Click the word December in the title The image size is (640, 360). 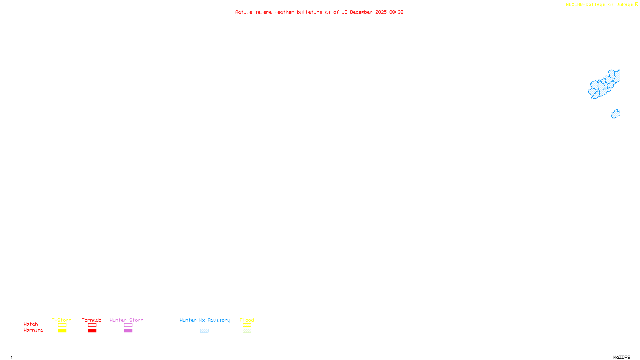click(x=361, y=12)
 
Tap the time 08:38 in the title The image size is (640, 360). click(x=396, y=12)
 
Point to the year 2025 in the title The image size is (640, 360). click(x=381, y=12)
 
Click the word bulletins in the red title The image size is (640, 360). click(x=309, y=12)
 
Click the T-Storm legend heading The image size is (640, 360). click(x=62, y=320)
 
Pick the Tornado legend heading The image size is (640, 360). click(x=92, y=320)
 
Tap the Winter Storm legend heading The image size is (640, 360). click(x=126, y=320)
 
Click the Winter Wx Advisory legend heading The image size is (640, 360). click(x=205, y=320)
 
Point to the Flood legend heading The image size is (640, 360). click(x=247, y=320)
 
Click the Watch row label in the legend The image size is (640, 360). click(x=31, y=324)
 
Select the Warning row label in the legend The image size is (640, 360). click(x=33, y=330)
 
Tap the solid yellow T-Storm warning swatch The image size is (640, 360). click(x=62, y=331)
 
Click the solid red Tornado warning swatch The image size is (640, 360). click(x=92, y=331)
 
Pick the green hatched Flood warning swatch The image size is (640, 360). click(x=247, y=331)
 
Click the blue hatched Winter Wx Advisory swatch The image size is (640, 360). click(x=204, y=331)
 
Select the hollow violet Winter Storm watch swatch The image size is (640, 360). click(x=128, y=325)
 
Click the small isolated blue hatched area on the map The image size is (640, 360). click(x=616, y=114)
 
